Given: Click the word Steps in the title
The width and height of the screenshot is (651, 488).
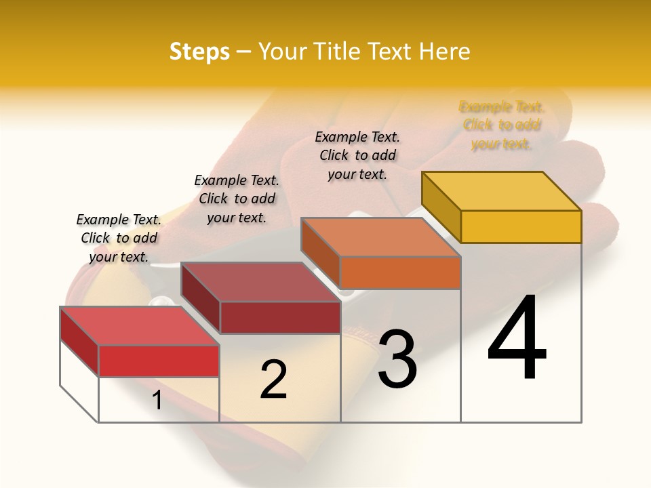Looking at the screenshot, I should (x=199, y=52).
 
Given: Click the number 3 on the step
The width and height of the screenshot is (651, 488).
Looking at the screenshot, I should (x=397, y=359).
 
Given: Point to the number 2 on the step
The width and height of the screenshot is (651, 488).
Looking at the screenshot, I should (x=274, y=380).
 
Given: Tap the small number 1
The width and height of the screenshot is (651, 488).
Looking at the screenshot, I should (x=157, y=401).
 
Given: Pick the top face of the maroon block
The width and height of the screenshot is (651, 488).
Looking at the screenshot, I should (x=260, y=282).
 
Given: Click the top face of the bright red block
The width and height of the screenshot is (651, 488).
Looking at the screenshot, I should (x=140, y=326).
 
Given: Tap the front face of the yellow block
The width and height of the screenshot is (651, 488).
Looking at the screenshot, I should (x=521, y=226).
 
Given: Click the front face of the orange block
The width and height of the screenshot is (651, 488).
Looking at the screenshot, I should (x=400, y=272).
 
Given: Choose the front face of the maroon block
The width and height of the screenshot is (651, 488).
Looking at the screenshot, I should (x=279, y=317).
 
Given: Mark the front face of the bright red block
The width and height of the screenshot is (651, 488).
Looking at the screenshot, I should (x=159, y=361).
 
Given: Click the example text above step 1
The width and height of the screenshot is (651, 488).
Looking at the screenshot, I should (x=119, y=238).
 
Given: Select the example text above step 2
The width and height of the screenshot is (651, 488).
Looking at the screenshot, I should (x=237, y=199).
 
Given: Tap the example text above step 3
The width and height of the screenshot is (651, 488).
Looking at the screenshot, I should (x=357, y=155).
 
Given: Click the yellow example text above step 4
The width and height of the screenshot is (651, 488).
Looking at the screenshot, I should (x=502, y=125).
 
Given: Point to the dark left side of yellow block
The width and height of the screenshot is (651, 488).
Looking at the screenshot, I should (x=441, y=207).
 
